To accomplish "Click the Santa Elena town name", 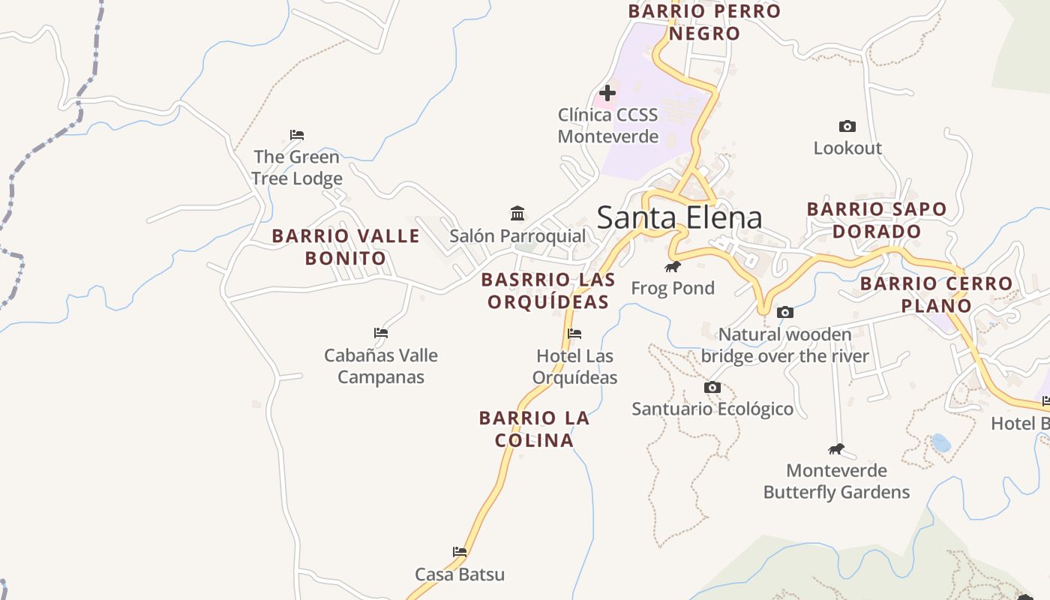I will pos(679,217).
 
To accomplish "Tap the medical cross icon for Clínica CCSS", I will pos(607,93).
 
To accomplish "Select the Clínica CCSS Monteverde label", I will pos(607,125).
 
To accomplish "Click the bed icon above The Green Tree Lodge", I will pos(297,135).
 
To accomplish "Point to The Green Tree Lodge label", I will pos(297,167).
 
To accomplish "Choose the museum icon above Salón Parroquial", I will pos(517,213).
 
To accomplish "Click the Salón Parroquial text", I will pos(517,235).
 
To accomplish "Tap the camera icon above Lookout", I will pos(847,126).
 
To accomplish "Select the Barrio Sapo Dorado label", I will pos(877,220).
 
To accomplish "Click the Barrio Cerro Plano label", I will pos(936,295).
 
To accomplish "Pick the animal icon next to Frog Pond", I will pos(672,266).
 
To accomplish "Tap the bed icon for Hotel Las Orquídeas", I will pos(574,334).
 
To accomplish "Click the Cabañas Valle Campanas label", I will pos(381,366).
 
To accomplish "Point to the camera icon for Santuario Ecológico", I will pos(712,387).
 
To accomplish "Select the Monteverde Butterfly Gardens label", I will pos(836,481).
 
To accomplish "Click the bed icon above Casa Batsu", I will pos(460,552).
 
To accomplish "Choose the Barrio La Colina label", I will pos(534,429).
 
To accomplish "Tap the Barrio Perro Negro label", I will pos(704,22).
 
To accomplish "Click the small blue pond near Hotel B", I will pos(940,442).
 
